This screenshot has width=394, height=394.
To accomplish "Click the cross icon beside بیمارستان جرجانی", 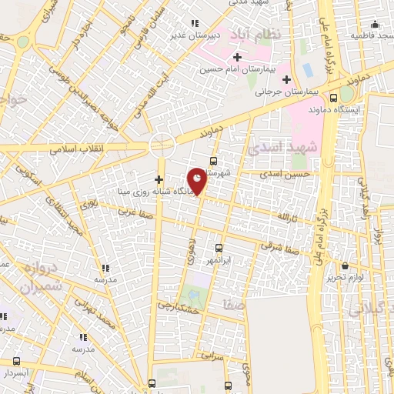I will coord(286,78).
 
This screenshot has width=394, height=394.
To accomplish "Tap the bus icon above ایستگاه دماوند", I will coord(333,98).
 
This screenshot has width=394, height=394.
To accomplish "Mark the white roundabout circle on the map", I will coord(162,142).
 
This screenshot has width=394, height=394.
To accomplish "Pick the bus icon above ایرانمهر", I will coord(219,248).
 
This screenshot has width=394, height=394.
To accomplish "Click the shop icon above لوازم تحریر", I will coord(344,264).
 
